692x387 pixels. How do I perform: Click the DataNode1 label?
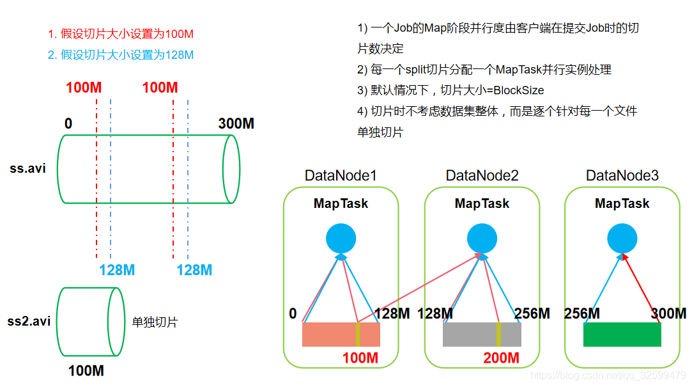[341, 175]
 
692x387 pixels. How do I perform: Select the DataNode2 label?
[482, 175]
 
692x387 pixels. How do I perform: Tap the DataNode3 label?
[622, 175]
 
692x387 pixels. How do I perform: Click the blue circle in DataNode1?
[341, 239]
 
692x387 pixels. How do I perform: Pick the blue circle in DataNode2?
[482, 239]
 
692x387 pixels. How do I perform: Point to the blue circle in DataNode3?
[622, 239]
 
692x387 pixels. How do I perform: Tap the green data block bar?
[622, 335]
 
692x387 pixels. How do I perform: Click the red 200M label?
[501, 358]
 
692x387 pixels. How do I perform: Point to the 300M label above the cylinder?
[236, 123]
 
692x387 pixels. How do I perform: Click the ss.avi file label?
[27, 170]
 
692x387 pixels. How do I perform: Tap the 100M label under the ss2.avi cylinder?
[86, 371]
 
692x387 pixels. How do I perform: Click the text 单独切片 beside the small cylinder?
[155, 322]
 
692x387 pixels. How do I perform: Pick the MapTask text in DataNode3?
[622, 203]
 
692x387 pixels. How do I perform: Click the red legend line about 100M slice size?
[120, 34]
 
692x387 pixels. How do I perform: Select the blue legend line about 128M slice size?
[120, 55]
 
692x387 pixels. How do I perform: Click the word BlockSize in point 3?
[518, 90]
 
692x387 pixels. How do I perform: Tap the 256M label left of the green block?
[581, 313]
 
